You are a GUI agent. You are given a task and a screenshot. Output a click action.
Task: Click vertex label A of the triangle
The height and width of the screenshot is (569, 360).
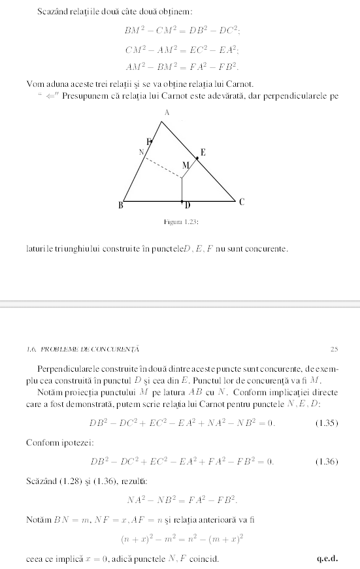[x=167, y=113]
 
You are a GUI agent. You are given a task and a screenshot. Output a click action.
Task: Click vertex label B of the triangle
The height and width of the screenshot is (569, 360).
[x=120, y=206]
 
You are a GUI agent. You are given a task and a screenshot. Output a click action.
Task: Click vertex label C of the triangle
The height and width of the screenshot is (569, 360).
[x=241, y=202]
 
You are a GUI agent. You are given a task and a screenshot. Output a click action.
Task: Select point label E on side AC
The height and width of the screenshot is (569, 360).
[x=203, y=152]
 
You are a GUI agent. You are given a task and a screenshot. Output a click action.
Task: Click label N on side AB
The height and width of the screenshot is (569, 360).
[x=140, y=152]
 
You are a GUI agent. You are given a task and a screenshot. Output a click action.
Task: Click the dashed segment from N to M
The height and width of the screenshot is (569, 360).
[x=163, y=167]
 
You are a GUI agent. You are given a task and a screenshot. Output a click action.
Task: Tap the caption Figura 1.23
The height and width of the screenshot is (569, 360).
[x=181, y=222]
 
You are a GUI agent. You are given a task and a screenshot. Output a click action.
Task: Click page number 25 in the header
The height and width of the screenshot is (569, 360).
[x=335, y=350]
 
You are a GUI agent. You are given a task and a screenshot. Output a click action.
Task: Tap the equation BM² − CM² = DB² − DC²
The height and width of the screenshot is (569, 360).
[x=180, y=30]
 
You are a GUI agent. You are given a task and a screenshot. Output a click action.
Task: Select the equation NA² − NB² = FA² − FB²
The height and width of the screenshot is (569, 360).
[x=181, y=500]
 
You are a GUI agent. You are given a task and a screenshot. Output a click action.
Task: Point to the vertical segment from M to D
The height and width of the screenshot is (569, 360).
[x=182, y=189]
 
